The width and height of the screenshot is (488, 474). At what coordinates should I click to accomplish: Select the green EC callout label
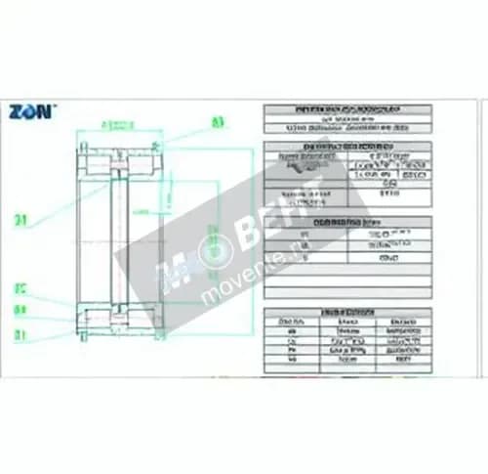click(20, 289)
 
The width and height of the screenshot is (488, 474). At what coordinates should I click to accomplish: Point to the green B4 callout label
click(20, 311)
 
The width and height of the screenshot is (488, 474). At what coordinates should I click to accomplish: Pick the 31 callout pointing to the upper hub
click(20, 220)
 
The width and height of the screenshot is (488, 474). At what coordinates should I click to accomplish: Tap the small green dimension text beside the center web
click(141, 211)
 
